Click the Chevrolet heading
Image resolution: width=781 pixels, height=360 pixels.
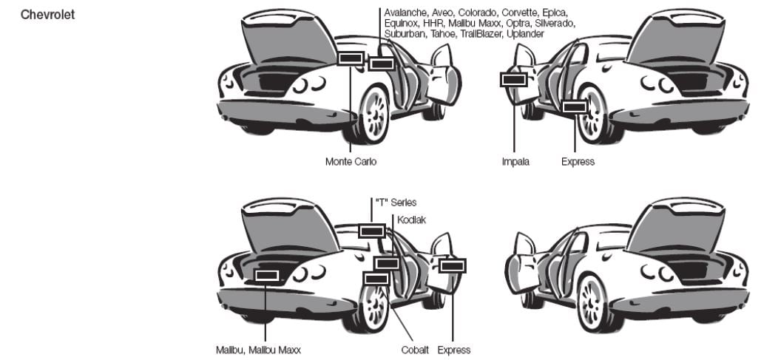48,14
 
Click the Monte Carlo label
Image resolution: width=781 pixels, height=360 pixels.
351,162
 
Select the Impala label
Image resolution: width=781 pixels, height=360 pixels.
515,162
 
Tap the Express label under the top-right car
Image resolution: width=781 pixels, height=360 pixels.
578,162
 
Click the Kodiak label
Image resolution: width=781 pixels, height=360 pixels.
411,220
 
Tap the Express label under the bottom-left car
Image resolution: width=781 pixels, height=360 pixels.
453,350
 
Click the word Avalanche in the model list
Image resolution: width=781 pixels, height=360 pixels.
406,13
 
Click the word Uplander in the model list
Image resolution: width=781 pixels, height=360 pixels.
523,34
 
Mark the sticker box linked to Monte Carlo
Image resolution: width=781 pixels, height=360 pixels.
350,58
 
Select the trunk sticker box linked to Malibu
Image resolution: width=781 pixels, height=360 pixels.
266,276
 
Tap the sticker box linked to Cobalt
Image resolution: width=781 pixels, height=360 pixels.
376,278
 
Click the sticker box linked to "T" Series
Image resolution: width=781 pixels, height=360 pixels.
371,231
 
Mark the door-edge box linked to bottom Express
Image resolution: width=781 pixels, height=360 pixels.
452,265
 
